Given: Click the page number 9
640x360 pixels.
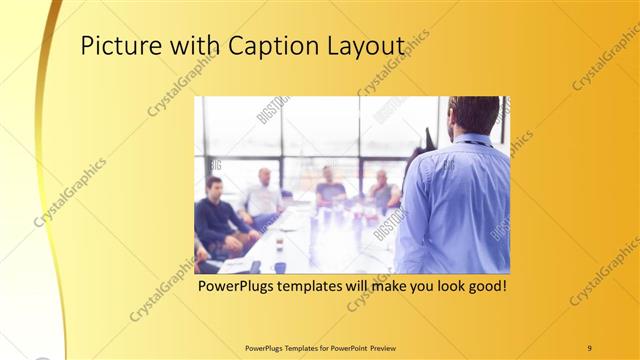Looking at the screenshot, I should (589, 347).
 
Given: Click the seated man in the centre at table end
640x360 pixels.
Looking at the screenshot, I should (330, 189).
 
